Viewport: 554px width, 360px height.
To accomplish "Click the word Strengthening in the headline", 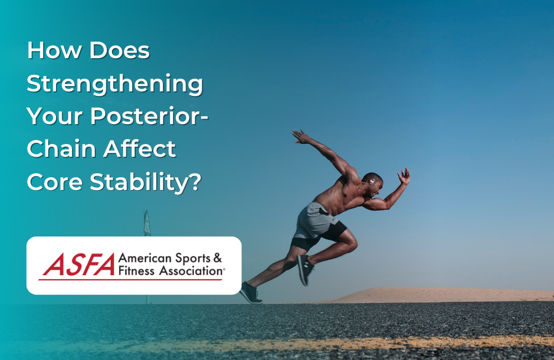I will [115, 84].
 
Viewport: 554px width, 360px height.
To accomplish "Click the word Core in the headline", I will [52, 181].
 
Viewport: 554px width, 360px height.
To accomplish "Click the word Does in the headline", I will [119, 52].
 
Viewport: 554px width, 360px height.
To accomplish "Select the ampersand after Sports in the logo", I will [217, 259].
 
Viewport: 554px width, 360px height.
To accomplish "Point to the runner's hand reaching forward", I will [404, 177].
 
